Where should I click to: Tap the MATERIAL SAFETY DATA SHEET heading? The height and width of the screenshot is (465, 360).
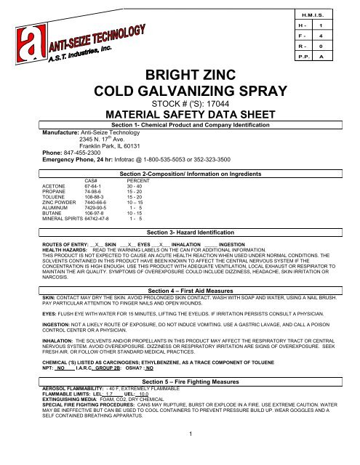180,116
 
